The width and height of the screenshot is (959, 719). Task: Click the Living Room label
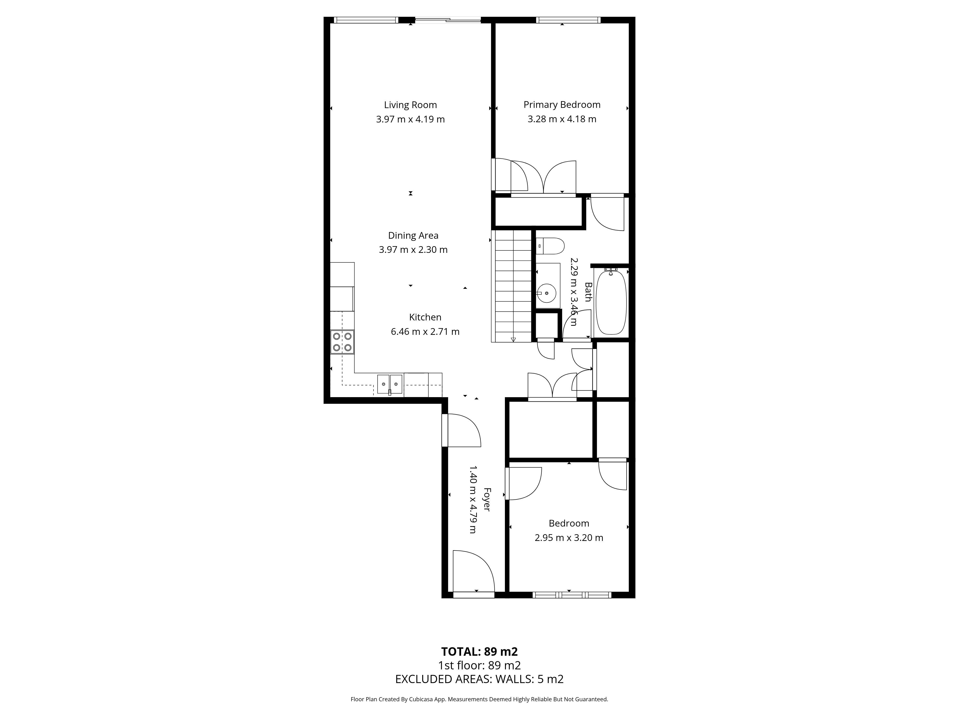(x=410, y=105)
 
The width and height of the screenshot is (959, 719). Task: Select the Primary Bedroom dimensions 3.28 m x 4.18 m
(x=562, y=119)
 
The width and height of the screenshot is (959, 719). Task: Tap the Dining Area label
(x=413, y=235)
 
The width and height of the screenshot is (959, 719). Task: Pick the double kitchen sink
(x=390, y=384)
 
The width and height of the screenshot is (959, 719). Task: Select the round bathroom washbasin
(x=547, y=293)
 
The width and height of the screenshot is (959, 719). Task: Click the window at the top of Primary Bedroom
(x=568, y=19)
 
